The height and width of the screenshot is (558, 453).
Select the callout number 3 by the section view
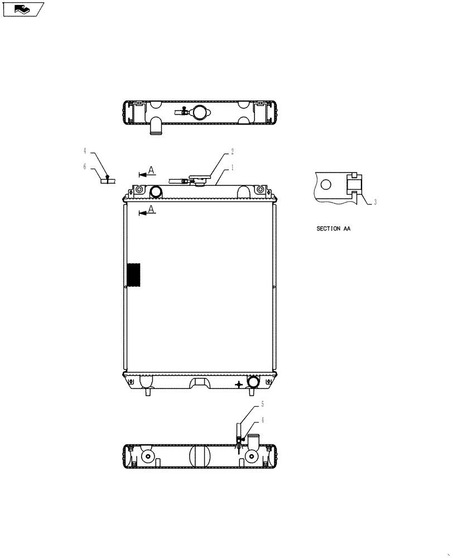(375, 203)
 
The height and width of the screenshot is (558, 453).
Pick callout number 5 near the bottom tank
(262, 403)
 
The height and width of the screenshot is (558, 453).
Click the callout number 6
(85, 166)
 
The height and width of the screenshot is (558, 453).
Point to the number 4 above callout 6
(85, 151)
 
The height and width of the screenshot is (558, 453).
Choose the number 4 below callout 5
(262, 420)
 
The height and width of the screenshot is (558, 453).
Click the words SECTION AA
(333, 229)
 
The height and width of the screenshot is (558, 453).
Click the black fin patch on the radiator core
(134, 275)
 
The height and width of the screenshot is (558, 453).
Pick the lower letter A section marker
(151, 209)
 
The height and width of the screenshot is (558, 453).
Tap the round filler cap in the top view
(200, 112)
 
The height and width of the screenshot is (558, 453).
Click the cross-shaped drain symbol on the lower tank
(239, 384)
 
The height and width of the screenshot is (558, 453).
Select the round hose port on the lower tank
(253, 382)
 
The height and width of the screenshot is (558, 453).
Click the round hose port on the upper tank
(155, 192)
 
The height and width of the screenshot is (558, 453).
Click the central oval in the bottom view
(199, 456)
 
